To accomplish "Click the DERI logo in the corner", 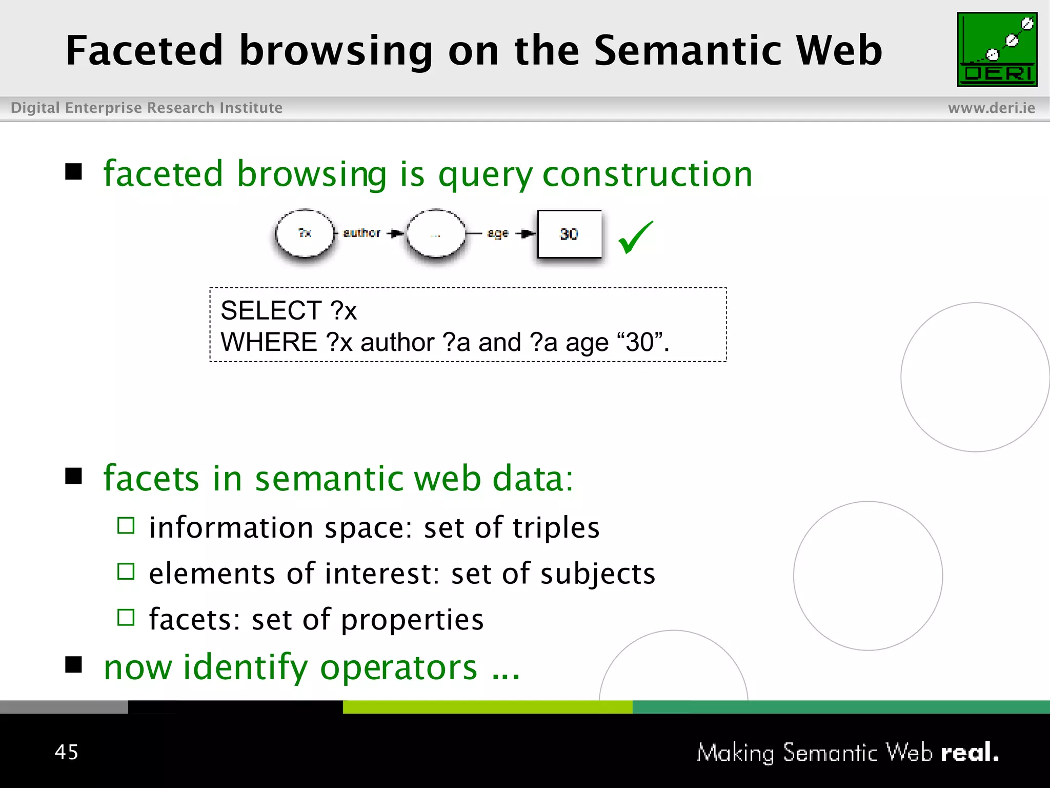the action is [997, 49].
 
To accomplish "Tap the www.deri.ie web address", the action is [991, 108].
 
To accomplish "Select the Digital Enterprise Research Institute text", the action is [147, 108].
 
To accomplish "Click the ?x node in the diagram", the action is [305, 233].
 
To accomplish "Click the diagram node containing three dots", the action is [436, 234].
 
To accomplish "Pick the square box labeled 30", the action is [569, 234].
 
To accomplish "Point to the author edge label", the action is [361, 233].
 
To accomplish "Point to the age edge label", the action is [497, 233].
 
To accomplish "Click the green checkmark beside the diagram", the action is [635, 237].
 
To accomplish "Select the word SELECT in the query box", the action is [271, 310].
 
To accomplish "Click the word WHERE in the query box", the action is [269, 342].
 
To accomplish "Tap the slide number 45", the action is [67, 752].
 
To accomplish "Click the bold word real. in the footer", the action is [970, 752].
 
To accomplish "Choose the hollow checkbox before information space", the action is [126, 526].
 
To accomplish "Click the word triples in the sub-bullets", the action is [555, 527].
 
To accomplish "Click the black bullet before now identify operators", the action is [74, 664].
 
